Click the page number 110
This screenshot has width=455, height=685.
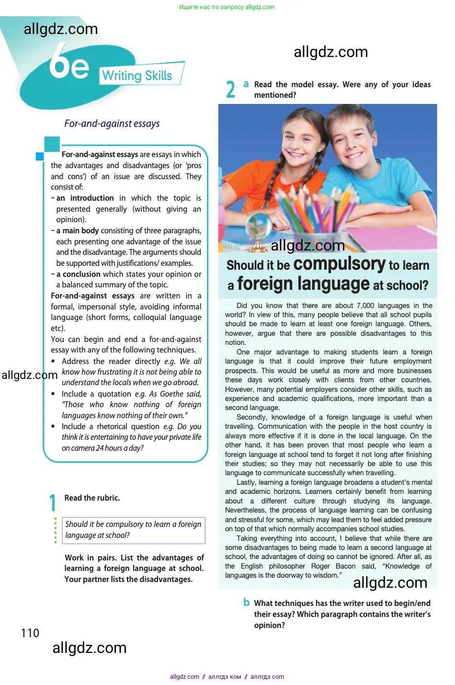coord(30,633)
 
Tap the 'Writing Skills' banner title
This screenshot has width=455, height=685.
coord(137,76)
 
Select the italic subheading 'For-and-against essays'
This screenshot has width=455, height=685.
coord(112,124)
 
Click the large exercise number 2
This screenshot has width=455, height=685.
coord(230,90)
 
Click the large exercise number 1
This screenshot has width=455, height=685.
coord(53,503)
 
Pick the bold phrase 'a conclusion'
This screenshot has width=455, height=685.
coord(78,274)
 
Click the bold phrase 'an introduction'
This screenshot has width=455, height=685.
coord(85,198)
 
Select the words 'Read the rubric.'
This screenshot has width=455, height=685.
coord(92,498)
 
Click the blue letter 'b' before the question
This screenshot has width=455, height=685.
coord(246,602)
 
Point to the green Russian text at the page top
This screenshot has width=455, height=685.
coord(227,7)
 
